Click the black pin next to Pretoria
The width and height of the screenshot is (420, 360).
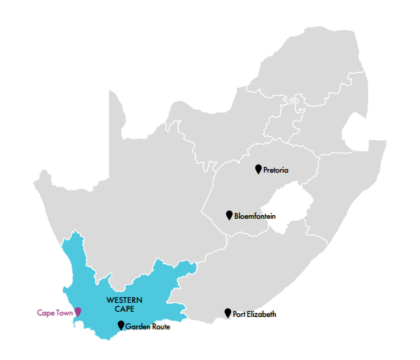[x=258, y=169]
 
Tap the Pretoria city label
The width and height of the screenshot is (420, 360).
[x=276, y=170]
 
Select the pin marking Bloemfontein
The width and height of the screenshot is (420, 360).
[x=229, y=214]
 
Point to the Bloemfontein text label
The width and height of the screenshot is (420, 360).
[x=255, y=216]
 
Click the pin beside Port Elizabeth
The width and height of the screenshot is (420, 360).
[x=228, y=313]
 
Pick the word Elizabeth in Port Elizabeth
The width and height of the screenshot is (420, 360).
[x=262, y=315]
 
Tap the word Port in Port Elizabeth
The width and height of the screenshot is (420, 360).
[x=239, y=315]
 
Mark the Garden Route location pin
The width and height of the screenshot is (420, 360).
[x=121, y=325]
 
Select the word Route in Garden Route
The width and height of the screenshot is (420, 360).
[x=161, y=326]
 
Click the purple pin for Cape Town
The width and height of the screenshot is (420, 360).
[x=78, y=312]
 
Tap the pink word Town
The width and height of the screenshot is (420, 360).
[x=65, y=313]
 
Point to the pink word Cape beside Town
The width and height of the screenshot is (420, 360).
[x=45, y=313]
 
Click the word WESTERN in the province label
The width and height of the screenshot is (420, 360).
[x=124, y=301]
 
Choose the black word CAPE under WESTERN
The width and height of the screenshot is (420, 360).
[x=124, y=310]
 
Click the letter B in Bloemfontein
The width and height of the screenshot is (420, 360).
[x=236, y=216]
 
